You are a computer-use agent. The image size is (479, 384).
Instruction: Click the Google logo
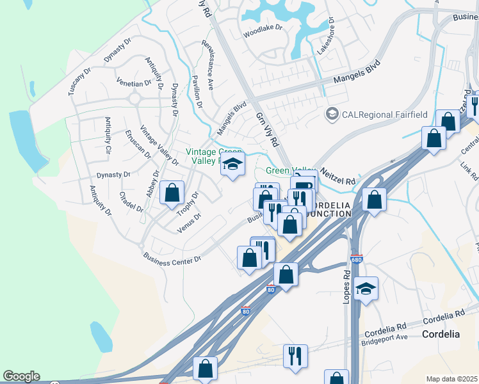pyautogui.click(x=21, y=376)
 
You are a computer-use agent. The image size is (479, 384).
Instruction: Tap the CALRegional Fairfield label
pyautogui.click(x=375, y=115)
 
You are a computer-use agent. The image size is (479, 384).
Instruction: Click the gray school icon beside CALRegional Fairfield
pyautogui.click(x=332, y=115)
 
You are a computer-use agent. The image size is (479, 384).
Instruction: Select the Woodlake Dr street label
pyautogui.click(x=262, y=32)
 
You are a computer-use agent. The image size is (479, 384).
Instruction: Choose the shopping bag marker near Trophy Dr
pyautogui.click(x=172, y=193)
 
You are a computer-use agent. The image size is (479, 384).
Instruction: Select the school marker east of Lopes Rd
pyautogui.click(x=366, y=289)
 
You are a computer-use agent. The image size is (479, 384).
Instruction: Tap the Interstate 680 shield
pyautogui.click(x=356, y=260)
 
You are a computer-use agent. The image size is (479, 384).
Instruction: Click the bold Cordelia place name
pyautogui.click(x=441, y=334)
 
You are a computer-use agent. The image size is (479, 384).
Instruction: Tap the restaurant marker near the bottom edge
pyautogui.click(x=295, y=355)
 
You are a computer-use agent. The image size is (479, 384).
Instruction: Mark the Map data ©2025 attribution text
pyautogui.click(x=452, y=379)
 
